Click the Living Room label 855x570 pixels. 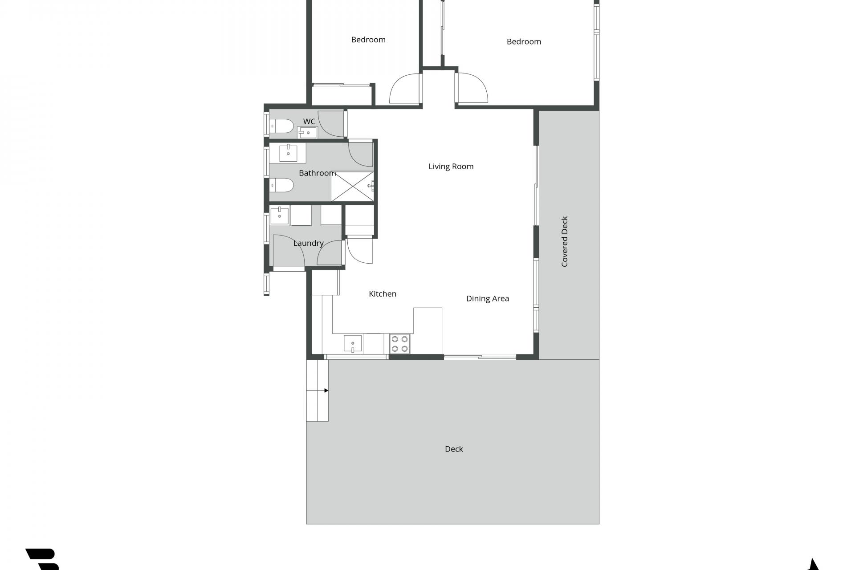[x=451, y=167]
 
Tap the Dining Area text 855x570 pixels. [x=487, y=298]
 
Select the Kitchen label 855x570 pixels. [x=383, y=293]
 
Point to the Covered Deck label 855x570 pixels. [x=565, y=241]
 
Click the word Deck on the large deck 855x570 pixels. [x=454, y=449]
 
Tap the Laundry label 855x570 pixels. [x=308, y=243]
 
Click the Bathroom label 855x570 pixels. [x=317, y=173]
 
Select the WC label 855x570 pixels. [x=309, y=122]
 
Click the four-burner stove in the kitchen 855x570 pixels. [x=399, y=344]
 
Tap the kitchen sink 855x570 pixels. [x=353, y=344]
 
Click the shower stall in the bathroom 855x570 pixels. [x=353, y=186]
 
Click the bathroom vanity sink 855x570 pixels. [x=289, y=153]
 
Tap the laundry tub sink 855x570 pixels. [x=280, y=216]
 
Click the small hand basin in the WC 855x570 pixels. [x=307, y=133]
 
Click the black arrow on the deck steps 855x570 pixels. [x=326, y=391]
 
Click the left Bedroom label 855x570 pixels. [x=368, y=40]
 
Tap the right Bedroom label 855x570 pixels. [x=524, y=41]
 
